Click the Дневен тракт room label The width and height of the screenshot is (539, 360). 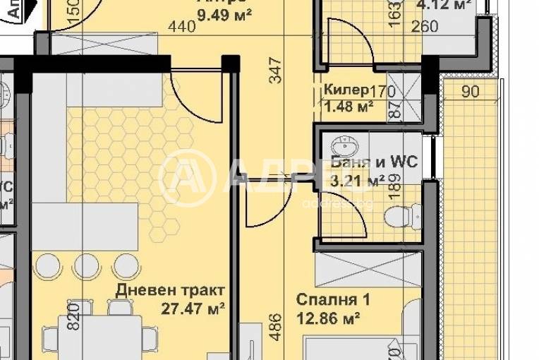tap(172, 291)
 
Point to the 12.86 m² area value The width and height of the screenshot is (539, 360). tap(329, 318)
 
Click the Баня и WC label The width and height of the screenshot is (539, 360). tap(374, 162)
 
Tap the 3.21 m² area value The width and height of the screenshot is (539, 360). tap(358, 181)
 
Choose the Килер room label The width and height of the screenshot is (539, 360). tap(346, 90)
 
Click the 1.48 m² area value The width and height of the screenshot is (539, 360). tap(349, 107)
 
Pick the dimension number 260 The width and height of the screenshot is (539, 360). tap(423, 27)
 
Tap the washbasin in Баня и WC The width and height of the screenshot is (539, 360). tap(349, 146)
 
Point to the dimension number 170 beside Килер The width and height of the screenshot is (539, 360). tap(382, 90)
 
